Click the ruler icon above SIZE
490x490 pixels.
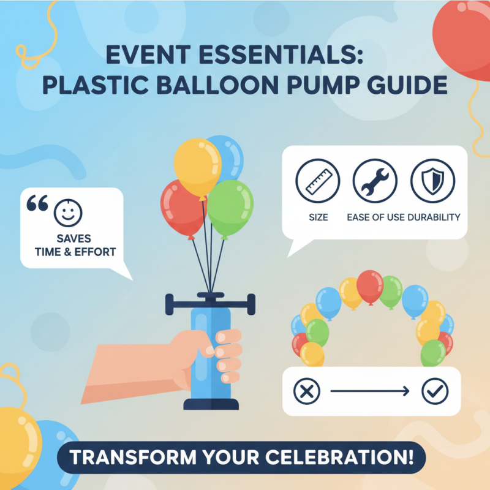pyautogui.click(x=318, y=181)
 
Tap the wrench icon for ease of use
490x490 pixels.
pyautogui.click(x=375, y=181)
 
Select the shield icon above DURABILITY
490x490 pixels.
pyautogui.click(x=432, y=181)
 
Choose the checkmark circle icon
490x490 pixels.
pyautogui.click(x=435, y=391)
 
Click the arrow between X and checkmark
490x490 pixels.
pyautogui.click(x=371, y=391)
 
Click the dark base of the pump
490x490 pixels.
pyautogui.click(x=210, y=405)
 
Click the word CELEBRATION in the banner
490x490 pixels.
pyautogui.click(x=325, y=458)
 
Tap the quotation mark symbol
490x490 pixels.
pyautogui.click(x=37, y=205)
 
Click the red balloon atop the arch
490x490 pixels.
pyautogui.click(x=370, y=285)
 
